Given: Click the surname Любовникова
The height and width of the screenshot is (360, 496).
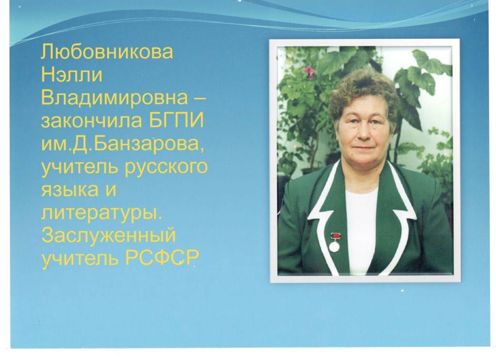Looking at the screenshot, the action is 107,52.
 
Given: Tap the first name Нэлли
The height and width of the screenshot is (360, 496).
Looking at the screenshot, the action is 72,75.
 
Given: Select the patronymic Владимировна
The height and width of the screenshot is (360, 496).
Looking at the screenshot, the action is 114,98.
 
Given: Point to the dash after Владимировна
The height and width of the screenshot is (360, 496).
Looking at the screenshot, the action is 198,98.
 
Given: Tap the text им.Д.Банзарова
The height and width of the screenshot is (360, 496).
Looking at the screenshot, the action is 123,145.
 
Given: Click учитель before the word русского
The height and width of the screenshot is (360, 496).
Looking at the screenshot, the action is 80,167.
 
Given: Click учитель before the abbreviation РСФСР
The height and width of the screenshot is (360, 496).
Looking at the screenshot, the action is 80,259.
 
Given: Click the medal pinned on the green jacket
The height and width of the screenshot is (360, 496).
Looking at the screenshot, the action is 334,242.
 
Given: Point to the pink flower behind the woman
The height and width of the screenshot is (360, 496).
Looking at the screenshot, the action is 309,71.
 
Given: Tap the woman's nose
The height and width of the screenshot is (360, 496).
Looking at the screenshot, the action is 364,133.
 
